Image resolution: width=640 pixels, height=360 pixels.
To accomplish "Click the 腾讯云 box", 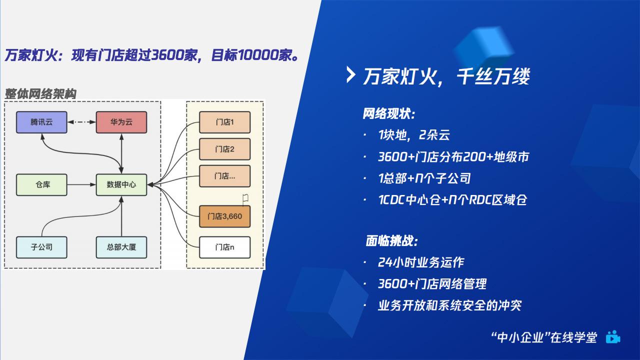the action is coord(41,122).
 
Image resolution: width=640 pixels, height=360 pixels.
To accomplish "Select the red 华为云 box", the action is coord(121,122).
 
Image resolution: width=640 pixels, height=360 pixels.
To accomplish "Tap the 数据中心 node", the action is coord(121,185).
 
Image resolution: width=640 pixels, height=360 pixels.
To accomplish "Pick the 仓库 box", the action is coord(41,185).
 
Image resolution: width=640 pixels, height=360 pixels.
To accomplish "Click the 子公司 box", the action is coord(41,247).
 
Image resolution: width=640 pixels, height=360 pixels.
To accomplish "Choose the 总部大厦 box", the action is coord(121,247).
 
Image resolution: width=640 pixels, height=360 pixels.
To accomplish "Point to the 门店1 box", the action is coord(225,122).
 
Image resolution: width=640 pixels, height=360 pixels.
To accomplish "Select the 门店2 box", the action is coord(225,149).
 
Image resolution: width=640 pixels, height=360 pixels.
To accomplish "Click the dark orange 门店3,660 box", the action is coord(225,216).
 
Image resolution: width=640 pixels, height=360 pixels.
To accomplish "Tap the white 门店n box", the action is coord(225,247).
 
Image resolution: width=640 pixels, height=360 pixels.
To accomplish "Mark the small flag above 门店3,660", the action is coord(245,199).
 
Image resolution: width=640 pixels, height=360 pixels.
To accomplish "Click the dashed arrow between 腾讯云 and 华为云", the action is coord(81,122).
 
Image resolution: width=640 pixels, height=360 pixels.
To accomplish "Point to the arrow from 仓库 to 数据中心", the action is coord(81,185).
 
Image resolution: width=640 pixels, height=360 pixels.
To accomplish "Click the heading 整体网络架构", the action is coord(40,93).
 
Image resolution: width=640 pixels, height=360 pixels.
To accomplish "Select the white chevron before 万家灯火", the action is coord(350,75).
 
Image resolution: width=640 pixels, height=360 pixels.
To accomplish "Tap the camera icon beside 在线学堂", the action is coord(613,337).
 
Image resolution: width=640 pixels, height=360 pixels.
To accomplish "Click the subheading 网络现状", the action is coord(389,113).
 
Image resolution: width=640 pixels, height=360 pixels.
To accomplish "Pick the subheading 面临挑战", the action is coord(391,241).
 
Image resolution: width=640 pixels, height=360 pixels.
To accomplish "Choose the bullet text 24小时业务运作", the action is coord(421,262).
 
